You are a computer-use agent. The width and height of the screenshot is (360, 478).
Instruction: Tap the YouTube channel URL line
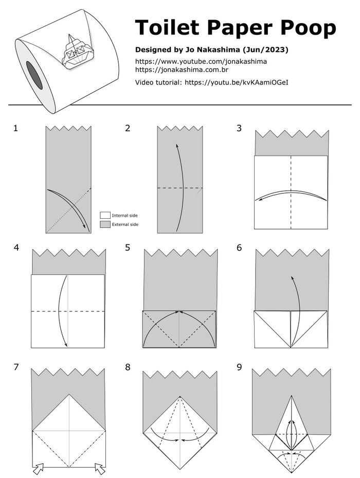tap(201, 61)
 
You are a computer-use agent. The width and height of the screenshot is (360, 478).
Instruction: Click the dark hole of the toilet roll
tap(34, 75)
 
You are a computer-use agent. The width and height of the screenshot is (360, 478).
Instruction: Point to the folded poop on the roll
tap(76, 52)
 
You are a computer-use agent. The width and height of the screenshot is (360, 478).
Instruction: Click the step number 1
tap(15, 128)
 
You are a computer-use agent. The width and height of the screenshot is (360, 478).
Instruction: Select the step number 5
tap(128, 247)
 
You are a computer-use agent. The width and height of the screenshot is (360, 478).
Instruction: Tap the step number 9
tap(239, 367)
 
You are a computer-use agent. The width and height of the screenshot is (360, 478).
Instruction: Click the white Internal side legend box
tap(105, 215)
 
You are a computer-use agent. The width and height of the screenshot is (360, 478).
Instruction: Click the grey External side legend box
tap(105, 224)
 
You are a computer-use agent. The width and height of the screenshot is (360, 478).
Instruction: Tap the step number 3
tap(239, 128)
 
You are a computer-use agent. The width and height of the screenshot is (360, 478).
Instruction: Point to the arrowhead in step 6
tap(292, 278)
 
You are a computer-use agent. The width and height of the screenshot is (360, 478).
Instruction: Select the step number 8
tap(128, 367)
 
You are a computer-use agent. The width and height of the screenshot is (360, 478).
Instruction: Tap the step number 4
tap(16, 247)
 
